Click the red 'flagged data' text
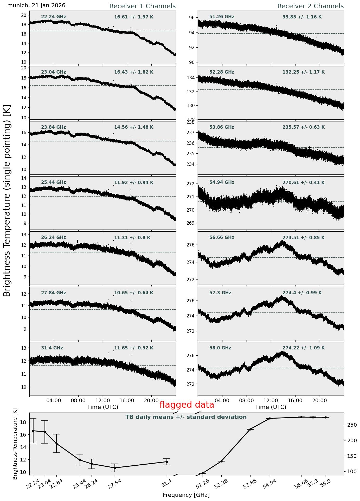[187, 405]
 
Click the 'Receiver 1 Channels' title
[142, 6]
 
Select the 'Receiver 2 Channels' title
[310, 6]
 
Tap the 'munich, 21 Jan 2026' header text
[36, 5]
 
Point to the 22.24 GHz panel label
[54, 17]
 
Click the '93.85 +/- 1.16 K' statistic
[302, 17]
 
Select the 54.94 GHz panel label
[222, 183]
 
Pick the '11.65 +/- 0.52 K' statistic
[134, 348]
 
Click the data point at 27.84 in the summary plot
[115, 468]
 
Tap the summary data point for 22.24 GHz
[33, 431]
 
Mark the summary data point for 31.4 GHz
[167, 462]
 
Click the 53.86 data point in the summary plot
[250, 429]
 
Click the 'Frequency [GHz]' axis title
[186, 495]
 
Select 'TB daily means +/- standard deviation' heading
[186, 417]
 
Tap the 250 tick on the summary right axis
[351, 425]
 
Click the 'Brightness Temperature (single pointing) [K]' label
[7, 201]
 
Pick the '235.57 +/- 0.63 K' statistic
[304, 127]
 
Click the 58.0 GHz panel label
[220, 348]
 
